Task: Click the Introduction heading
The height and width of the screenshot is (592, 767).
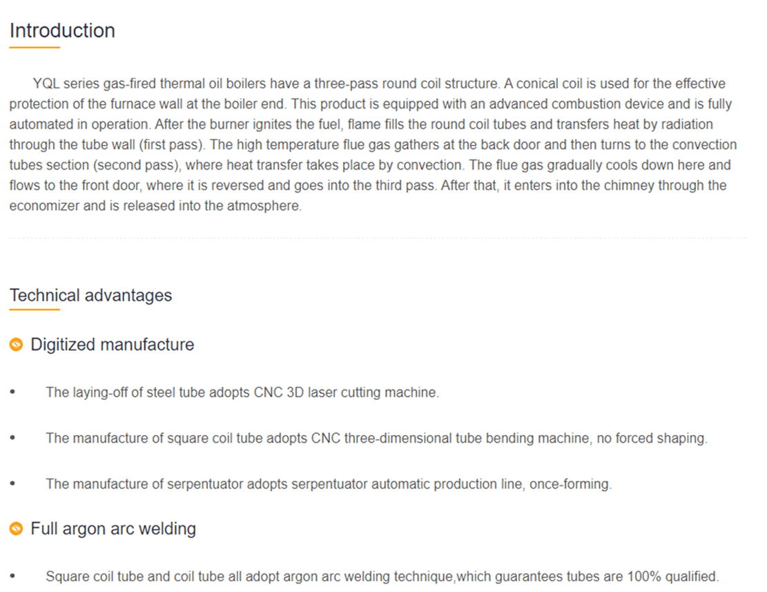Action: [x=62, y=31]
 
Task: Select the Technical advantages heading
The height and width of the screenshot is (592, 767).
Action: [x=90, y=296]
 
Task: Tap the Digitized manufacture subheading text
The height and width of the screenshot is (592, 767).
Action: [x=112, y=345]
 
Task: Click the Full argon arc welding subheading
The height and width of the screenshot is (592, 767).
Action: [x=113, y=529]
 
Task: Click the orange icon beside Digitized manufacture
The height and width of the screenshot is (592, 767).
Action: [x=17, y=345]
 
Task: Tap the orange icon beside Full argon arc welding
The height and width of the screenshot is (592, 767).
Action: [x=17, y=529]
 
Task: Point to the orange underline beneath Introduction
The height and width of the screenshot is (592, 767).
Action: [x=35, y=48]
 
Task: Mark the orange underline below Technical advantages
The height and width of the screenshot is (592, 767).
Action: [x=35, y=309]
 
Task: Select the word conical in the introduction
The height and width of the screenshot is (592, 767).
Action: [x=534, y=84]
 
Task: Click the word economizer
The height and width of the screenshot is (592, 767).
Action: [x=43, y=207]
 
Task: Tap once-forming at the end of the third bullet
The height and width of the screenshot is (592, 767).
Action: [x=571, y=484]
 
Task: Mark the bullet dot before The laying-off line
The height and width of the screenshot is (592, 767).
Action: [x=12, y=392]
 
